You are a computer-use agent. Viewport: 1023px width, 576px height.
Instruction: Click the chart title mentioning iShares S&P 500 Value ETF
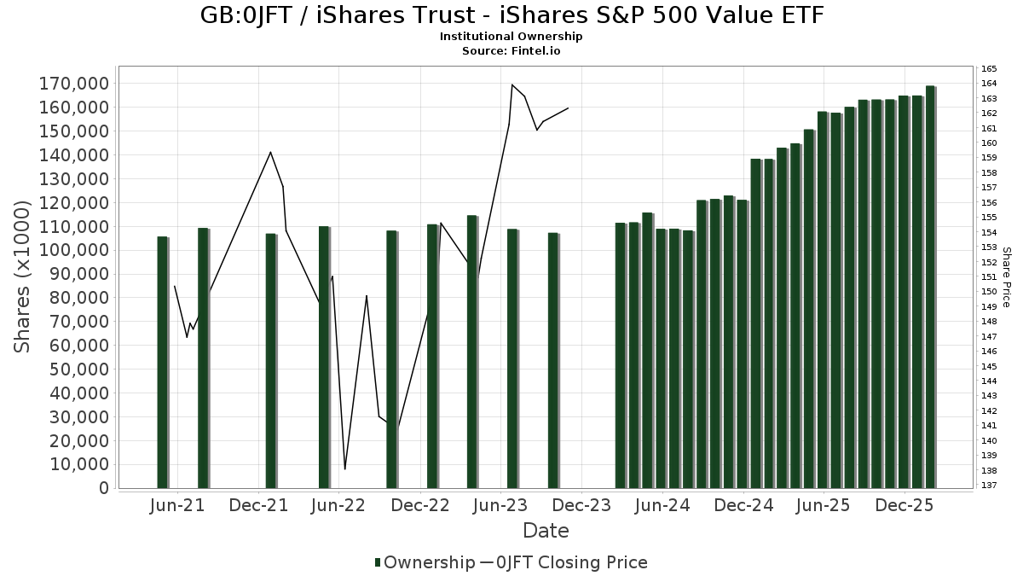[511, 15]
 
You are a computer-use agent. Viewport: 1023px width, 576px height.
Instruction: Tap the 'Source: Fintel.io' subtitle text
[511, 51]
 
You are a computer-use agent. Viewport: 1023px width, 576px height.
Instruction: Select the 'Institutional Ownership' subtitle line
[511, 37]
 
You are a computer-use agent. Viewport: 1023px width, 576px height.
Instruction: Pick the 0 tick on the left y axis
[104, 488]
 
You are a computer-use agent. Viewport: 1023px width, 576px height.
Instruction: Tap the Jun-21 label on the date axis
[177, 505]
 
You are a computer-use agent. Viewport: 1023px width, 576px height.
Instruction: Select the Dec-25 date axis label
[905, 505]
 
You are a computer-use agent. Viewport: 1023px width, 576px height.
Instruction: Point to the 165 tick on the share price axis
[989, 68]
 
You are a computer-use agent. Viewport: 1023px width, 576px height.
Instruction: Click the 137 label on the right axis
[989, 486]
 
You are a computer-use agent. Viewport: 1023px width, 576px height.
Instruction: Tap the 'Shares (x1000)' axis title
[24, 276]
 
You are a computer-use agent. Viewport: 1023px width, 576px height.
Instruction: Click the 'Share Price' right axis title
[1006, 277]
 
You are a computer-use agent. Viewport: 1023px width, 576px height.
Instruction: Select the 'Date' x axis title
[546, 531]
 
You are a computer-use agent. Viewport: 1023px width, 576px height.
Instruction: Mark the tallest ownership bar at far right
[930, 287]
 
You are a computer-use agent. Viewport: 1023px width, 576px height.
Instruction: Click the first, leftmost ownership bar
[162, 362]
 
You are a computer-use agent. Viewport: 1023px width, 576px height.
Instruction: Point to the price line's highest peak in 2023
[512, 84]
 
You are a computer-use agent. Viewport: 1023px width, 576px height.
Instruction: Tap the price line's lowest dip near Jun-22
[345, 468]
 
